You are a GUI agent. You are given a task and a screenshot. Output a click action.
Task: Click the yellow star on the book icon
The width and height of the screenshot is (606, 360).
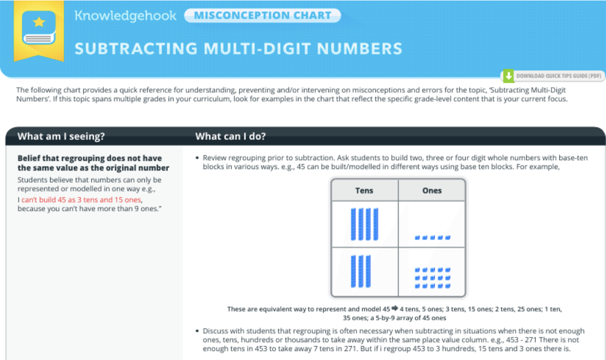[39, 22]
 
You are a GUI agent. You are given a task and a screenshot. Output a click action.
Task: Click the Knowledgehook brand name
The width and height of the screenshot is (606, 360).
[125, 16]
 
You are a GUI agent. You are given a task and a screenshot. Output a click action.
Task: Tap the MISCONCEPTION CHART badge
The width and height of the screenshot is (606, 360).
[262, 15]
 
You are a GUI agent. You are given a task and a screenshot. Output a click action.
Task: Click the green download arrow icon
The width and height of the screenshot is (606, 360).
[509, 76]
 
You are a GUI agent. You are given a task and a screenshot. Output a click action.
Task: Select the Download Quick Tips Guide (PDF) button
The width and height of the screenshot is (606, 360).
[553, 76]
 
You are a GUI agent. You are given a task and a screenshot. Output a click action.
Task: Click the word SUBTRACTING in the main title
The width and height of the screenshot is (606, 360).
[136, 49]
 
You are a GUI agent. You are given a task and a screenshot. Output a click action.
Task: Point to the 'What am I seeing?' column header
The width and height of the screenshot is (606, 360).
[61, 136]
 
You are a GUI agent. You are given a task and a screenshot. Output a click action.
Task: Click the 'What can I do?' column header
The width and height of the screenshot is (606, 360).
[231, 136]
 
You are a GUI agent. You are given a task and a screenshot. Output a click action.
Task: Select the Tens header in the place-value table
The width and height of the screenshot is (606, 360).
[364, 190]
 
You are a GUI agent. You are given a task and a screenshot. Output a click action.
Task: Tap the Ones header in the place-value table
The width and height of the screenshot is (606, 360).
[432, 190]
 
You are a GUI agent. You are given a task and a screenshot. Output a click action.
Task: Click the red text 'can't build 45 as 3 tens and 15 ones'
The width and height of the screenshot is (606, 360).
[81, 200]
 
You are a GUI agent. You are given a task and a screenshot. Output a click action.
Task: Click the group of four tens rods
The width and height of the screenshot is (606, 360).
[364, 224]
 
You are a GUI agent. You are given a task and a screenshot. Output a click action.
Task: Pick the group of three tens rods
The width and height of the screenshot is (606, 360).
[361, 271]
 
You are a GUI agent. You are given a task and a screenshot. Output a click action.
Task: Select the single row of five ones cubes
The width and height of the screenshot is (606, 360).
[432, 238]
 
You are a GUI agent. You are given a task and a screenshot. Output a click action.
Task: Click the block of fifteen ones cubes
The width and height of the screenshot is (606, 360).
[432, 278]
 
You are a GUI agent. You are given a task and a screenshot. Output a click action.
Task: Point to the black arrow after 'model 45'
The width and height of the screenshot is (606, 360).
[395, 308]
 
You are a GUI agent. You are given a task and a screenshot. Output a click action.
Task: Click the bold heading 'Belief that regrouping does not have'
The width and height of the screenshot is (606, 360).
[90, 158]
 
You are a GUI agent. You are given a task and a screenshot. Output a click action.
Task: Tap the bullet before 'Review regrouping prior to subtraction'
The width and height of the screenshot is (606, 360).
[197, 158]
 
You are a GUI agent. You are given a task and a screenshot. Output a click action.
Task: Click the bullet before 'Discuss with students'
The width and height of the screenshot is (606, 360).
[197, 331]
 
